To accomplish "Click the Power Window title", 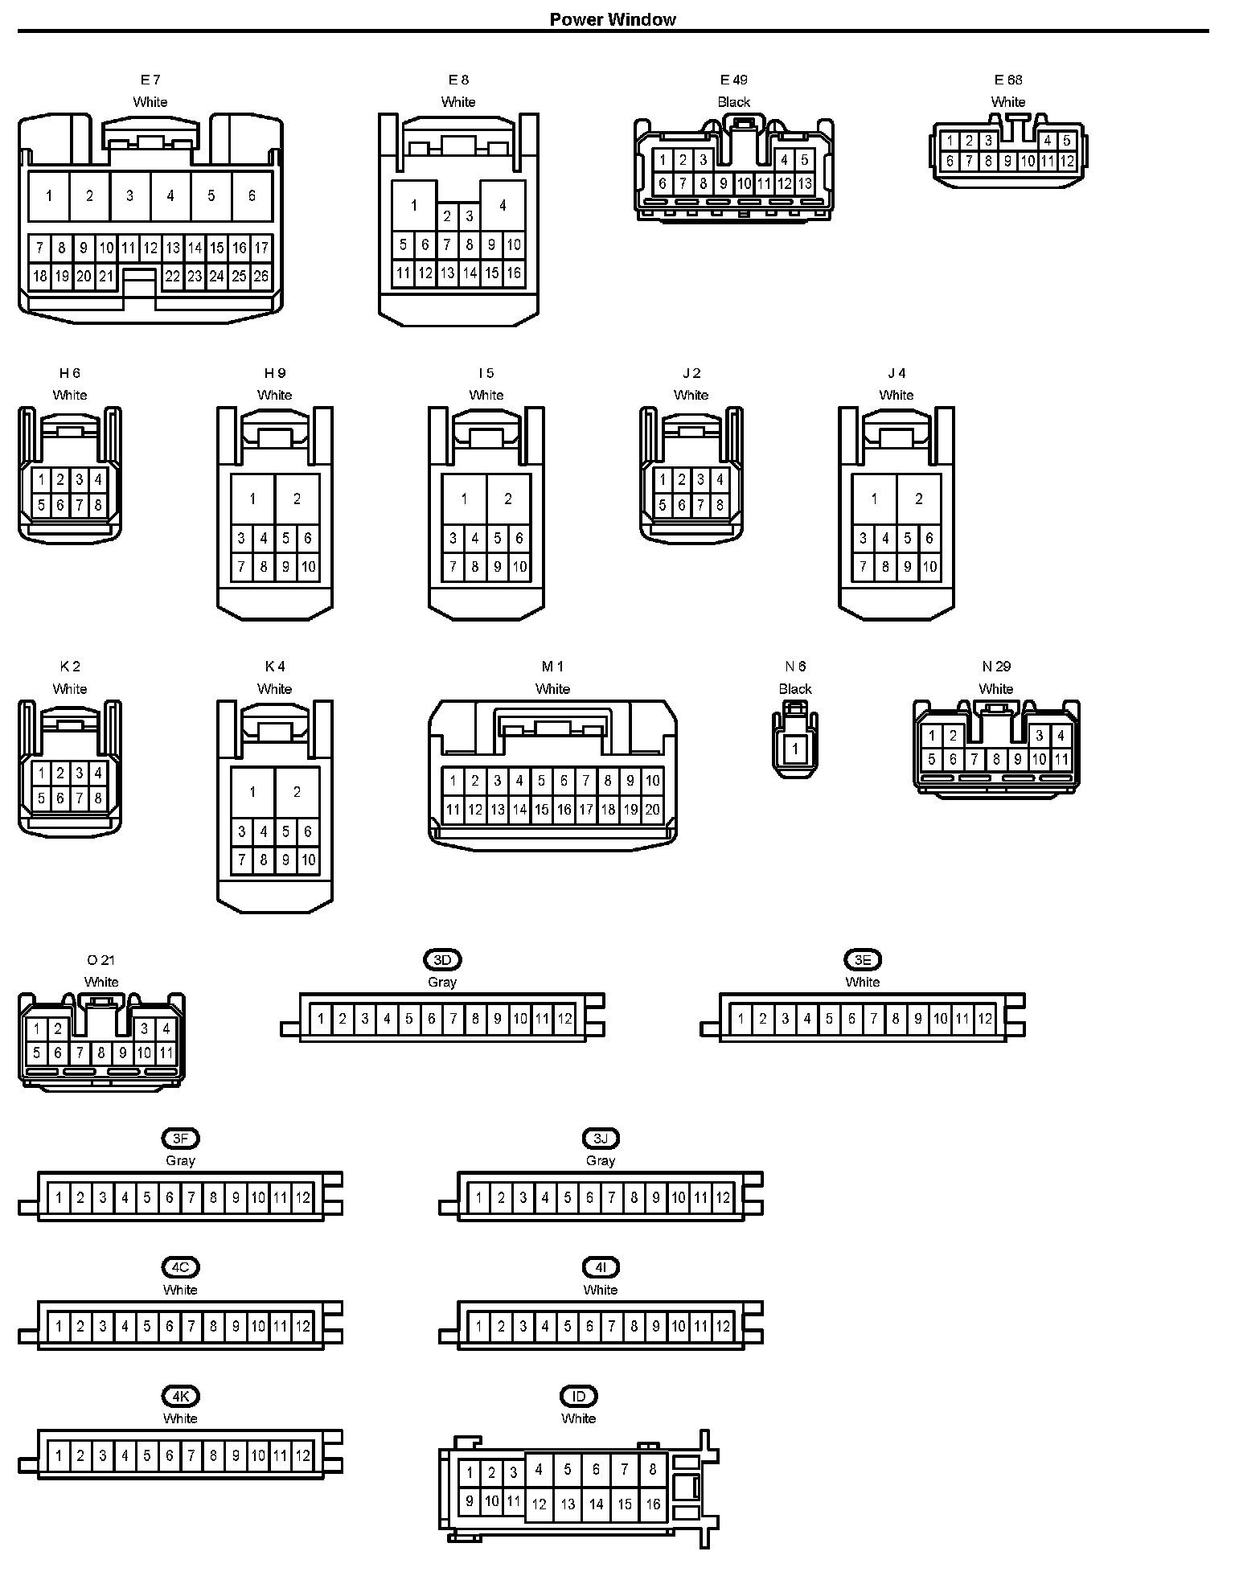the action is coord(613,19).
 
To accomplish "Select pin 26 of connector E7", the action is coord(261,277).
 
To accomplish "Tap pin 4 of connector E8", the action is coord(503,205).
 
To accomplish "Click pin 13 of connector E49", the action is coord(805,183).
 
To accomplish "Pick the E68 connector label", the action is coord(1008,80).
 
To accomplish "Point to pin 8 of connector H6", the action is coord(98,506).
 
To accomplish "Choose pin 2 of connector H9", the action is coord(297,499).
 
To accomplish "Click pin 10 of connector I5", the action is coord(519,567).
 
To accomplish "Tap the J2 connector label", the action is coord(691,373).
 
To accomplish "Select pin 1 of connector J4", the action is coord(874,499).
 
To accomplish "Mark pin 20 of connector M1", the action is coord(652,810).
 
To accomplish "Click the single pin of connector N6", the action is coord(795,749).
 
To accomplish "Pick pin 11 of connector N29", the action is coord(1061,759).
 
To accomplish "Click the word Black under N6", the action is coord(795,689).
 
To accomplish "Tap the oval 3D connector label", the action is coord(442,959).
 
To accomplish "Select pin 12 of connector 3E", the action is coord(985,1020).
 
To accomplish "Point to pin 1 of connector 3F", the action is coord(59,1198).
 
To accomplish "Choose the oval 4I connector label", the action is coord(601,1267).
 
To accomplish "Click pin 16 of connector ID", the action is coord(653,1504).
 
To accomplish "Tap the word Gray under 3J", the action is coord(601,1160).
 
